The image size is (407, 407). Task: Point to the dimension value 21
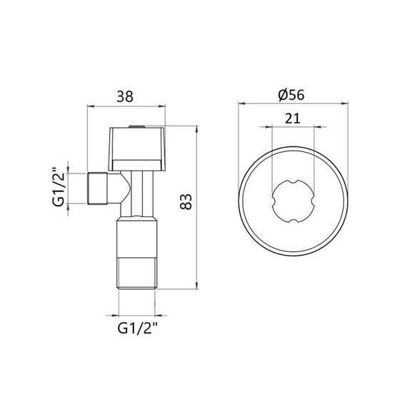pyautogui.click(x=291, y=119)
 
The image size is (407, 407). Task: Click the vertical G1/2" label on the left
pyautogui.click(x=59, y=188)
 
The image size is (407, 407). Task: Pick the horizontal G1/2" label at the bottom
pyautogui.click(x=137, y=328)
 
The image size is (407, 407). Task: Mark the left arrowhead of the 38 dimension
pyautogui.click(x=90, y=108)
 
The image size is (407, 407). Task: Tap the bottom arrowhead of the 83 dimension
pyautogui.click(x=196, y=287)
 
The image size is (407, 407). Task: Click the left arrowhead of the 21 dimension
pyautogui.click(x=271, y=129)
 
